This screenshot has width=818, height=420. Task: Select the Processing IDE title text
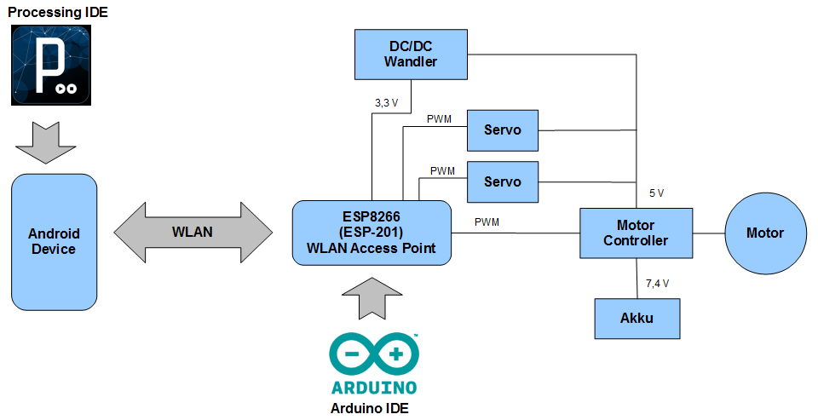pyautogui.click(x=58, y=13)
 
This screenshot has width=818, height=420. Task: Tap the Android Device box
pyautogui.click(x=53, y=242)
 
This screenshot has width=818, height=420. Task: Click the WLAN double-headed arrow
pyautogui.click(x=193, y=232)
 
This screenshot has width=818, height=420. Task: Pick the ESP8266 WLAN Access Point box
pyautogui.click(x=371, y=233)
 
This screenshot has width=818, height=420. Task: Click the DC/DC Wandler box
pyautogui.click(x=411, y=55)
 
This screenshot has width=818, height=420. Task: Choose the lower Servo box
pyautogui.click(x=503, y=181)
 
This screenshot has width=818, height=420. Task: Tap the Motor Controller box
pyautogui.click(x=636, y=233)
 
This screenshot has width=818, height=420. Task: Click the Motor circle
pyautogui.click(x=764, y=233)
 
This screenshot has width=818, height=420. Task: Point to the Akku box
pyautogui.click(x=637, y=319)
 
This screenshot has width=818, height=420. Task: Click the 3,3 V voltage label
pyautogui.click(x=386, y=102)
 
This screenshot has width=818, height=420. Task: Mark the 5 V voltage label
pyautogui.click(x=656, y=193)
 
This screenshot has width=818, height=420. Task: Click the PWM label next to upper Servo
pyautogui.click(x=439, y=119)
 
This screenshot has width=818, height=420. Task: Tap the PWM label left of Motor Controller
pyautogui.click(x=487, y=222)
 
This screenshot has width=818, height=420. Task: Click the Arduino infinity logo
pyautogui.click(x=373, y=354)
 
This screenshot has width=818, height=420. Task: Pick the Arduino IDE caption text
pyautogui.click(x=370, y=408)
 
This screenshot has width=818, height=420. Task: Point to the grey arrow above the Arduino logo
pyautogui.click(x=371, y=300)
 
